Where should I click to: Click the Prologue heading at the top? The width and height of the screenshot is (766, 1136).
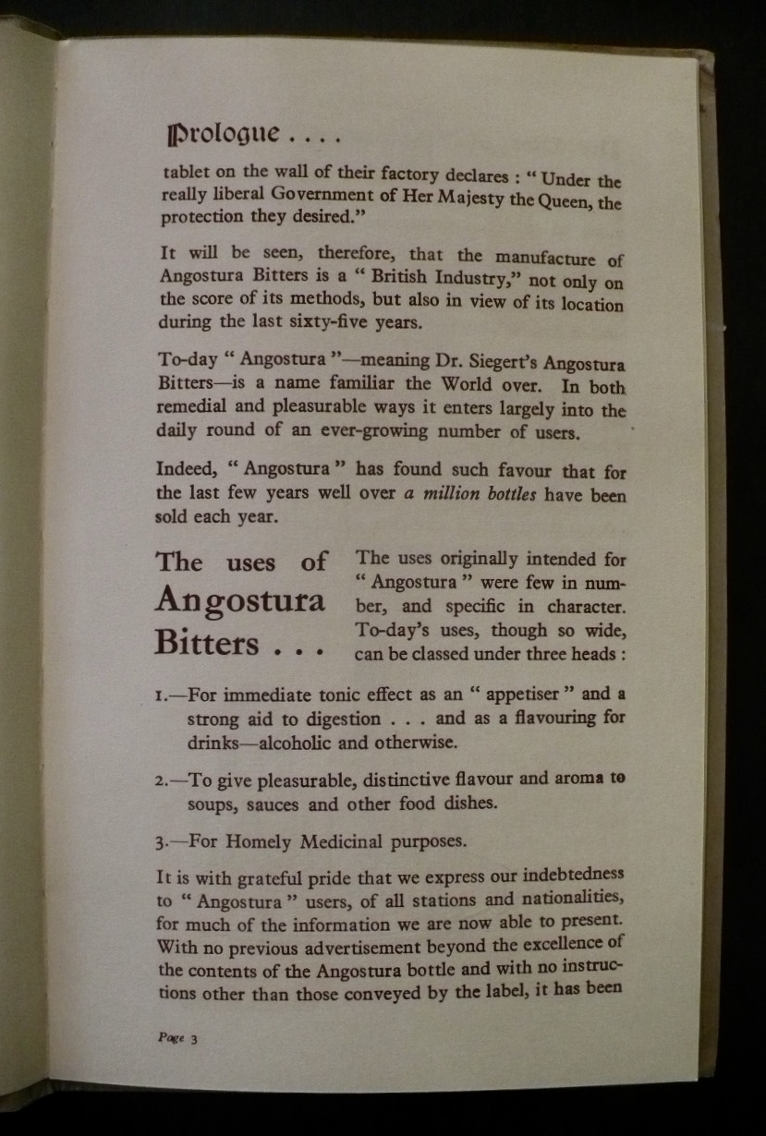click(222, 134)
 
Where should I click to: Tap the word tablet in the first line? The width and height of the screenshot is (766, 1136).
click(186, 171)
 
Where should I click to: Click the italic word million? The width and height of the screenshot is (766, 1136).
click(451, 494)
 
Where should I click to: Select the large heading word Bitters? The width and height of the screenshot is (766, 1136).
click(207, 641)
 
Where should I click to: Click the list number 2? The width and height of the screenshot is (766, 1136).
click(161, 780)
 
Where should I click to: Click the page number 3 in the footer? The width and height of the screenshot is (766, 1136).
click(195, 1038)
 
